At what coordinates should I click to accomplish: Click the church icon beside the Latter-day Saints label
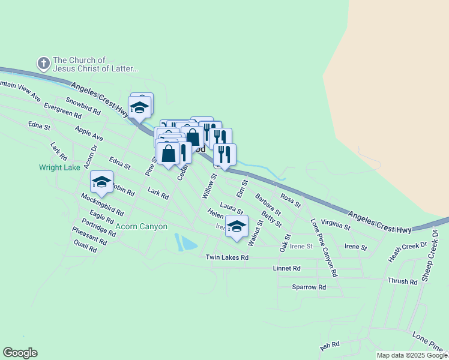(x=43, y=63)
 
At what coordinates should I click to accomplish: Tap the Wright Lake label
(x=59, y=167)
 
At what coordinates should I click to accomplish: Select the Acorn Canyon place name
(x=142, y=226)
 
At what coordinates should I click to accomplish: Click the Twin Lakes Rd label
(x=227, y=257)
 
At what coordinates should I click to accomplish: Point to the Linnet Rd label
(x=286, y=268)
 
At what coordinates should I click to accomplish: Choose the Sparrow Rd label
(x=309, y=287)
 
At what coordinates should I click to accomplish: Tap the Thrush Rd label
(x=402, y=281)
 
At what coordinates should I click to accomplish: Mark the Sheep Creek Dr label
(x=430, y=247)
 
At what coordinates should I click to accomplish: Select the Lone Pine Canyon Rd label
(x=325, y=248)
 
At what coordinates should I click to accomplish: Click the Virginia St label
(x=336, y=224)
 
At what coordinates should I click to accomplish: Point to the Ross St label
(x=290, y=200)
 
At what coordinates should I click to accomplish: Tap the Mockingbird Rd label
(x=102, y=203)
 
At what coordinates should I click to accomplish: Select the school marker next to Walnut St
(x=237, y=227)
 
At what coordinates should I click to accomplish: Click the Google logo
(x=20, y=353)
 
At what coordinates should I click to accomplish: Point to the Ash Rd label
(x=330, y=346)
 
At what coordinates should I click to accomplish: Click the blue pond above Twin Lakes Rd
(x=188, y=242)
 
